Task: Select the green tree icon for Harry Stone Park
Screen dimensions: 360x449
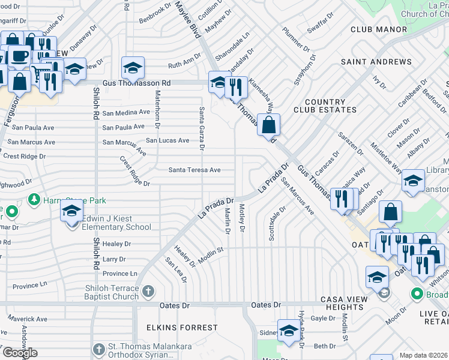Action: tap(34, 199)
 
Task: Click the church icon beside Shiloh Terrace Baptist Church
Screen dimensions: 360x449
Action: tap(148, 291)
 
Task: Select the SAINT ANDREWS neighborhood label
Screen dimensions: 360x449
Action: tap(376, 62)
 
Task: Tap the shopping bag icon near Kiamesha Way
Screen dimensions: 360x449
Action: tap(270, 125)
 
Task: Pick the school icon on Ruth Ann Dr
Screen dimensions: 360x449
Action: tap(133, 68)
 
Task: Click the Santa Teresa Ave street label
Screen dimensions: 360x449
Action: tap(194, 170)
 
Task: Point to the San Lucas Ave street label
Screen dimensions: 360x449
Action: tap(168, 140)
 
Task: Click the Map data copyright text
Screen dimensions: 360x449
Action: tap(424, 355)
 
